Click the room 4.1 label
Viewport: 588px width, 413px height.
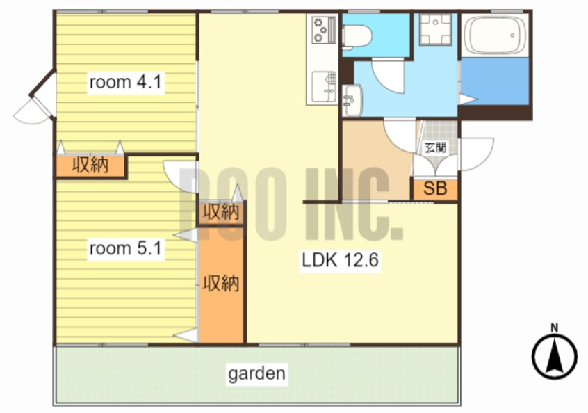point(125,82)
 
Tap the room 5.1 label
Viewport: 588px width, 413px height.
point(125,248)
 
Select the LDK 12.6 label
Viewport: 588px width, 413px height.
point(341,260)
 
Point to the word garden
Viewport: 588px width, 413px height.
point(257,373)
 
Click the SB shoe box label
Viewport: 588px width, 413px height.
point(435,188)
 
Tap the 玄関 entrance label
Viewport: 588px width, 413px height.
point(435,148)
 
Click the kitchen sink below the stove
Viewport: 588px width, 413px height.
point(324,86)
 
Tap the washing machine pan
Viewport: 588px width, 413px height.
point(435,30)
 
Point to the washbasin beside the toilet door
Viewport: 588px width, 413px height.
point(352,101)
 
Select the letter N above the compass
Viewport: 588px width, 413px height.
point(554,328)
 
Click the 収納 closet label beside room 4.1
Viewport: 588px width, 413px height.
point(90,165)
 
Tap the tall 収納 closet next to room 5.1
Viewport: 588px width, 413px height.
point(221,285)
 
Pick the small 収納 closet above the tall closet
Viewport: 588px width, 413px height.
point(221,213)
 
